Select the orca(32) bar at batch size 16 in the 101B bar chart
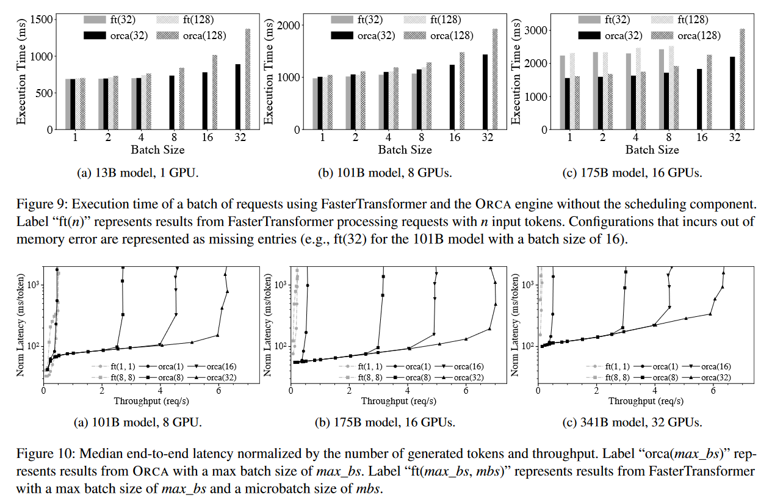point(452,98)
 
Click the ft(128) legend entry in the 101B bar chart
point(444,20)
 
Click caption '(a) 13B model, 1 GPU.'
point(139,173)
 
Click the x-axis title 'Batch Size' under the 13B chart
point(157,150)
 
